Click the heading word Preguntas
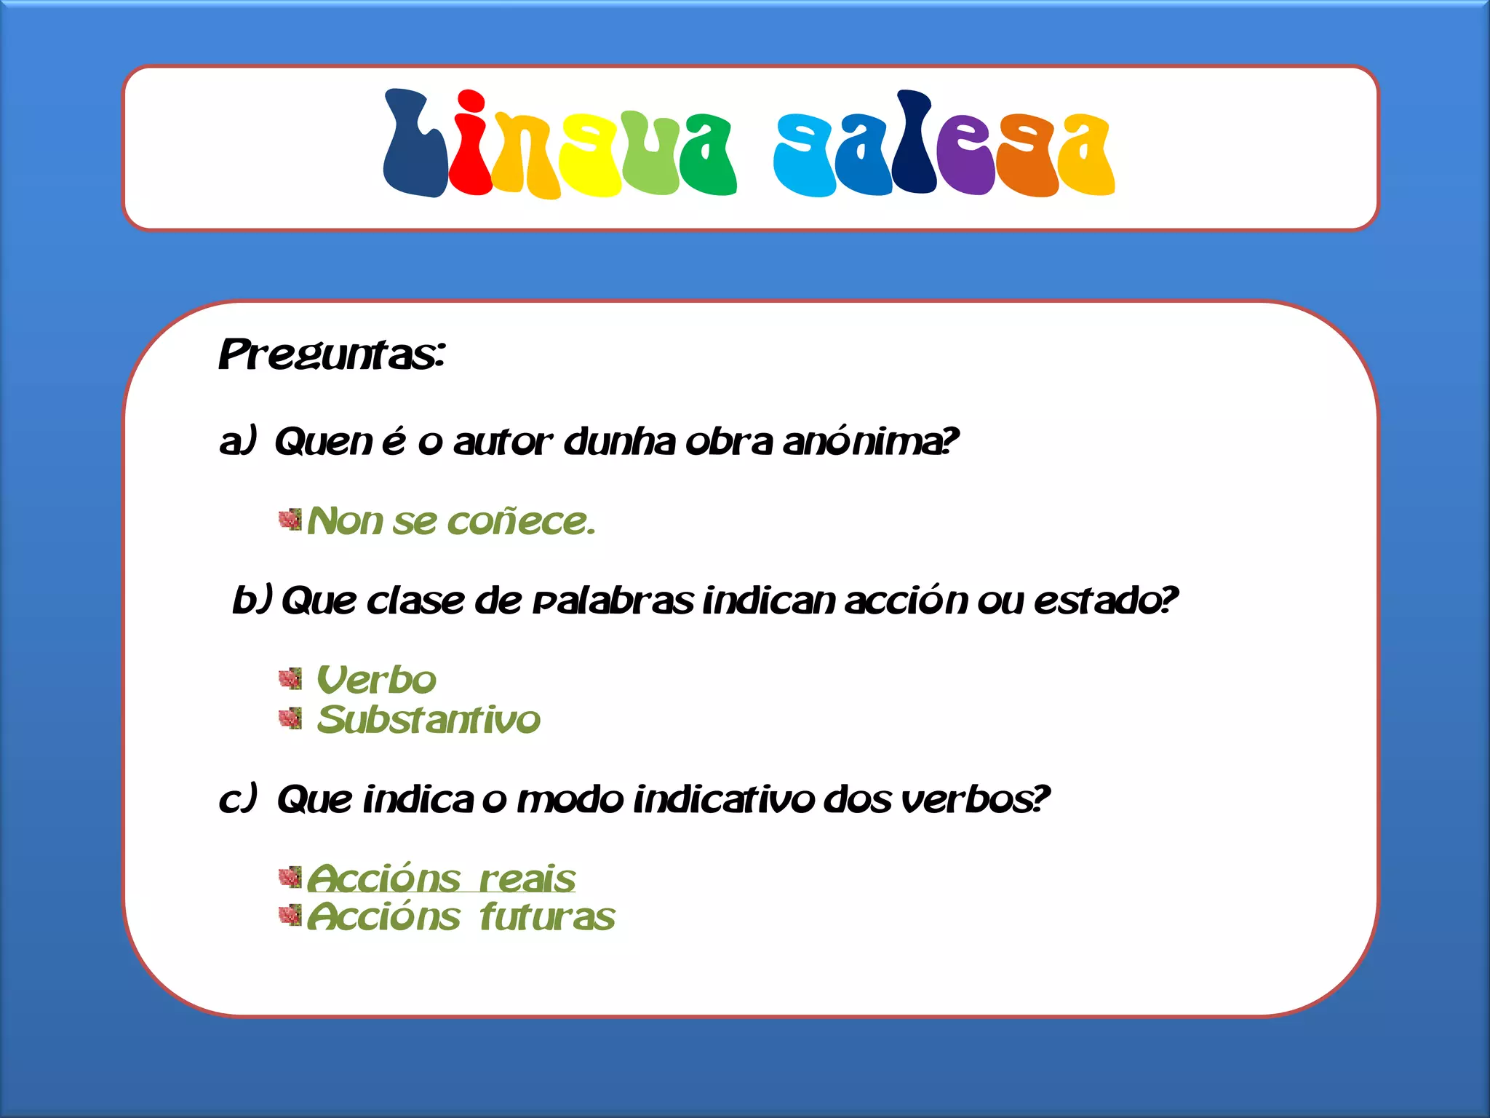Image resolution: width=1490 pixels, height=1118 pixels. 331,355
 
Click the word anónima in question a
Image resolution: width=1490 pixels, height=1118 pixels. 870,442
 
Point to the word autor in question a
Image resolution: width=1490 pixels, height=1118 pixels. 503,442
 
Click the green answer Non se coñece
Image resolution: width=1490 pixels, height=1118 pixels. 451,521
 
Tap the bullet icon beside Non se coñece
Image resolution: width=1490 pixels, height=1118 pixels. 290,520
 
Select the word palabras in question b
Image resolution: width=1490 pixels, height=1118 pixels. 613,601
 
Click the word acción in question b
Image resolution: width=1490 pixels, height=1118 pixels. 907,601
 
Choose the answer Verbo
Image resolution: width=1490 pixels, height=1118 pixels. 377,681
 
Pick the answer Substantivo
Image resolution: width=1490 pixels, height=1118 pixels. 429,720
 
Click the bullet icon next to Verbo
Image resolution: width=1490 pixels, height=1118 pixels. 290,679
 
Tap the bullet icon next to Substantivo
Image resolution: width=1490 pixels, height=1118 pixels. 290,719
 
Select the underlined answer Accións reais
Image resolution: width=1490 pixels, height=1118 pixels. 441,878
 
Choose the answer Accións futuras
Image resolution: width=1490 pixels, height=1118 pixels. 461,916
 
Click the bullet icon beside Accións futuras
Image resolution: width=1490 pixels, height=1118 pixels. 290,915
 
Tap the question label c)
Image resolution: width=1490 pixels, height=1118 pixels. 238,799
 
